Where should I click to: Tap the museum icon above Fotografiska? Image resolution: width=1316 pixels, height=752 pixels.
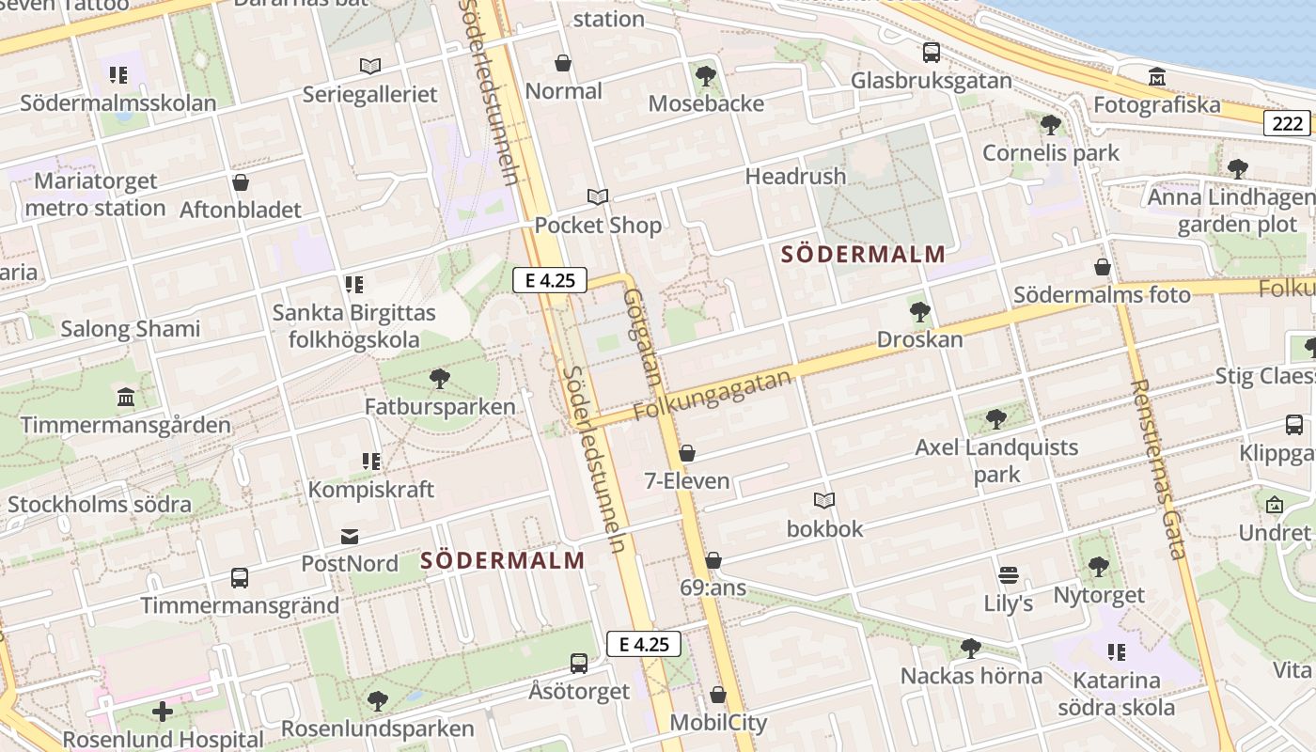[1157, 76]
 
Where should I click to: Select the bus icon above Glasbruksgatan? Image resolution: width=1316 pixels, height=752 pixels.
[932, 53]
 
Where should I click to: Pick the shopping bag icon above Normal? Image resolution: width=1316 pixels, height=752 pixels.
[563, 63]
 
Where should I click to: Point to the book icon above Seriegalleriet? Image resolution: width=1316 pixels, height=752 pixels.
[370, 66]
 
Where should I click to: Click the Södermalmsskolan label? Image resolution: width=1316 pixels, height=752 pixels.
[118, 102]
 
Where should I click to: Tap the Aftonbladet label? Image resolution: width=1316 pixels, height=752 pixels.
[241, 210]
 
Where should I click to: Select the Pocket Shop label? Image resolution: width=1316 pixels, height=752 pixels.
[598, 226]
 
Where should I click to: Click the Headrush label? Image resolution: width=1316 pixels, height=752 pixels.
[795, 176]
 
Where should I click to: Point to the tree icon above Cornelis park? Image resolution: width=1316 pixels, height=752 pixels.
[1051, 124]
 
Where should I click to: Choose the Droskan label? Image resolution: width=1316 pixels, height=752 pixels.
[919, 339]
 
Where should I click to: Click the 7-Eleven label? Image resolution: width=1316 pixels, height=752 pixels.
[687, 481]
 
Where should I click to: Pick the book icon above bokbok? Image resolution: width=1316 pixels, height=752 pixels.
[824, 500]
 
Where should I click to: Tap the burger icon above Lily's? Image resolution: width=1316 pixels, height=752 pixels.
[1009, 574]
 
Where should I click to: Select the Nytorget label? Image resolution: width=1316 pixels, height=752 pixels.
[1099, 595]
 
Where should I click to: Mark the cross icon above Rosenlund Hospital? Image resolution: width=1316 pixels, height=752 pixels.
[163, 712]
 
